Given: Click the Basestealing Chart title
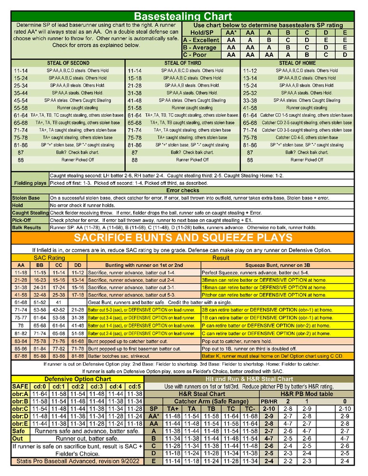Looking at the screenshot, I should [183, 17].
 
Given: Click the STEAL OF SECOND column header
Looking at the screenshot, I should [68, 63].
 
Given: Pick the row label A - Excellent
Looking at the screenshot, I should [201, 40].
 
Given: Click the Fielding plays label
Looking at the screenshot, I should [30, 183].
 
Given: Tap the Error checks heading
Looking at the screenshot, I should [183, 190].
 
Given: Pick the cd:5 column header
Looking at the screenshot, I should [135, 387].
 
